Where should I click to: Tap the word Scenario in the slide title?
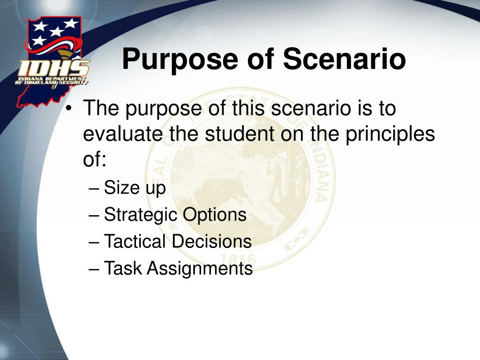coord(345,59)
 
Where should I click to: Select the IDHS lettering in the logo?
coord(54,68)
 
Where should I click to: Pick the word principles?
coord(390,135)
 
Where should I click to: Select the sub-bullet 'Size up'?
coord(135,187)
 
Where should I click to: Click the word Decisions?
coord(211,241)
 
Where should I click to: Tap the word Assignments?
coord(200,269)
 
